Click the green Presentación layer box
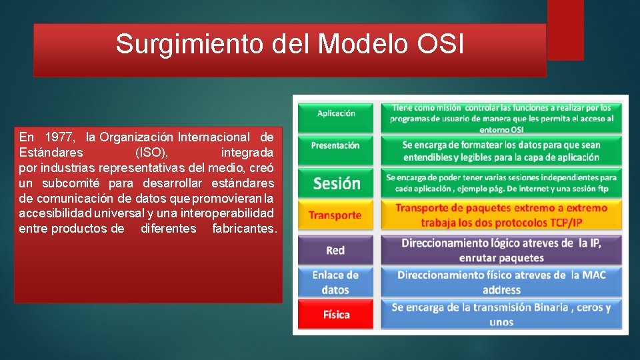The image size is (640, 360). pos(336,146)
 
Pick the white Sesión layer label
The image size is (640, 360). pos(336,183)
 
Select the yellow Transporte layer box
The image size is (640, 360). pos(336,215)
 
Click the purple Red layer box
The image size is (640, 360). pos(336,251)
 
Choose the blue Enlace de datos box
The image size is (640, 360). pos(336,282)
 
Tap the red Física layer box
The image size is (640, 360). pos(336,314)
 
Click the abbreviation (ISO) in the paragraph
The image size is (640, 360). pos(151,153)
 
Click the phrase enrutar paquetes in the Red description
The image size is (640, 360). pos(501,257)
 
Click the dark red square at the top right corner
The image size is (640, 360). pos(565,29)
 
